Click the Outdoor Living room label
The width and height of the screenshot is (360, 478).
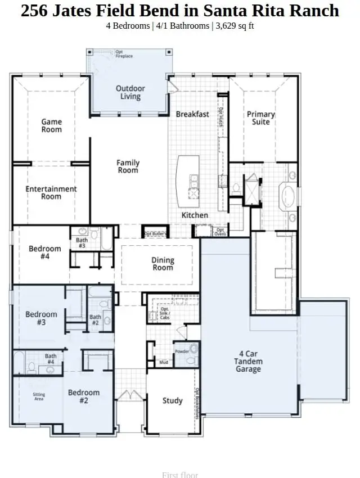point(130,92)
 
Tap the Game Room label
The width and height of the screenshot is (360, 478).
point(51,125)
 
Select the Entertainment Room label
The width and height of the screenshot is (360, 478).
point(51,193)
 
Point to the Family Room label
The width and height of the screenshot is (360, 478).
point(128,166)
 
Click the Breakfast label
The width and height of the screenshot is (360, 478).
point(192,114)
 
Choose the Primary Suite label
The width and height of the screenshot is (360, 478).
point(260,118)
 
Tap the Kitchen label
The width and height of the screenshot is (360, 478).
point(195,215)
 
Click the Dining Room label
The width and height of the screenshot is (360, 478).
point(163,264)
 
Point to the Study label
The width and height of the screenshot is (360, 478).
point(172,400)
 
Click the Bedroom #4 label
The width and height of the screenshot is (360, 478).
point(45,252)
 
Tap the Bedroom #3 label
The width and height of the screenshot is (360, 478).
point(41,318)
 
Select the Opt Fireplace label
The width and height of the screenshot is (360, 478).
point(124,55)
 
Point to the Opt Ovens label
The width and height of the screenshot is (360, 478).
point(219,232)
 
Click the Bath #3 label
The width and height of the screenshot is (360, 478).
point(82,243)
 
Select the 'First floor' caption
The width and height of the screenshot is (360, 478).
point(179,475)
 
